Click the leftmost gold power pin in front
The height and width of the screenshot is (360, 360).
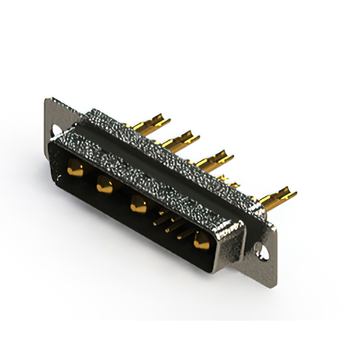75,168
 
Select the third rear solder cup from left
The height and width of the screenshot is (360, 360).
217,157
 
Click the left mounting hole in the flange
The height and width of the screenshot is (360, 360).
57,130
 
